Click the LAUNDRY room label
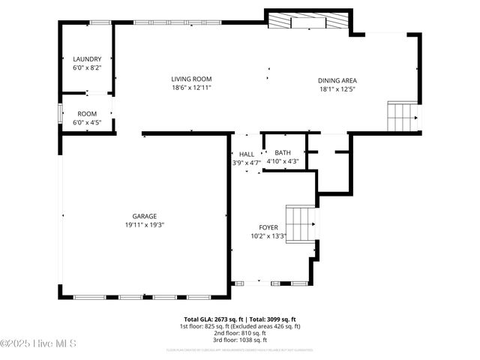pyautogui.click(x=87, y=59)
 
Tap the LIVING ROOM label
pyautogui.click(x=191, y=79)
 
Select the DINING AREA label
pyautogui.click(x=337, y=80)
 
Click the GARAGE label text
pyautogui.click(x=145, y=216)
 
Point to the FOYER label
pyautogui.click(x=268, y=227)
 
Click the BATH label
pyautogui.click(x=283, y=152)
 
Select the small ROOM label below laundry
pyautogui.click(x=87, y=115)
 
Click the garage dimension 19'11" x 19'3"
pyautogui.click(x=145, y=224)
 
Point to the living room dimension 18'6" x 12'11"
pyautogui.click(x=191, y=88)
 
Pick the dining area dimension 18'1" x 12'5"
pyautogui.click(x=337, y=89)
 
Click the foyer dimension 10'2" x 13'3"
pyautogui.click(x=268, y=236)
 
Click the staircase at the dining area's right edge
pyautogui.click(x=402, y=116)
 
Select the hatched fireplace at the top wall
pyautogui.click(x=309, y=22)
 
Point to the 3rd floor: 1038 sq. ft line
pyautogui.click(x=239, y=340)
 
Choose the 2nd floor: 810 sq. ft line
pyautogui.click(x=239, y=333)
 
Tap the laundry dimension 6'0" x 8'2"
pyautogui.click(x=87, y=67)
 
